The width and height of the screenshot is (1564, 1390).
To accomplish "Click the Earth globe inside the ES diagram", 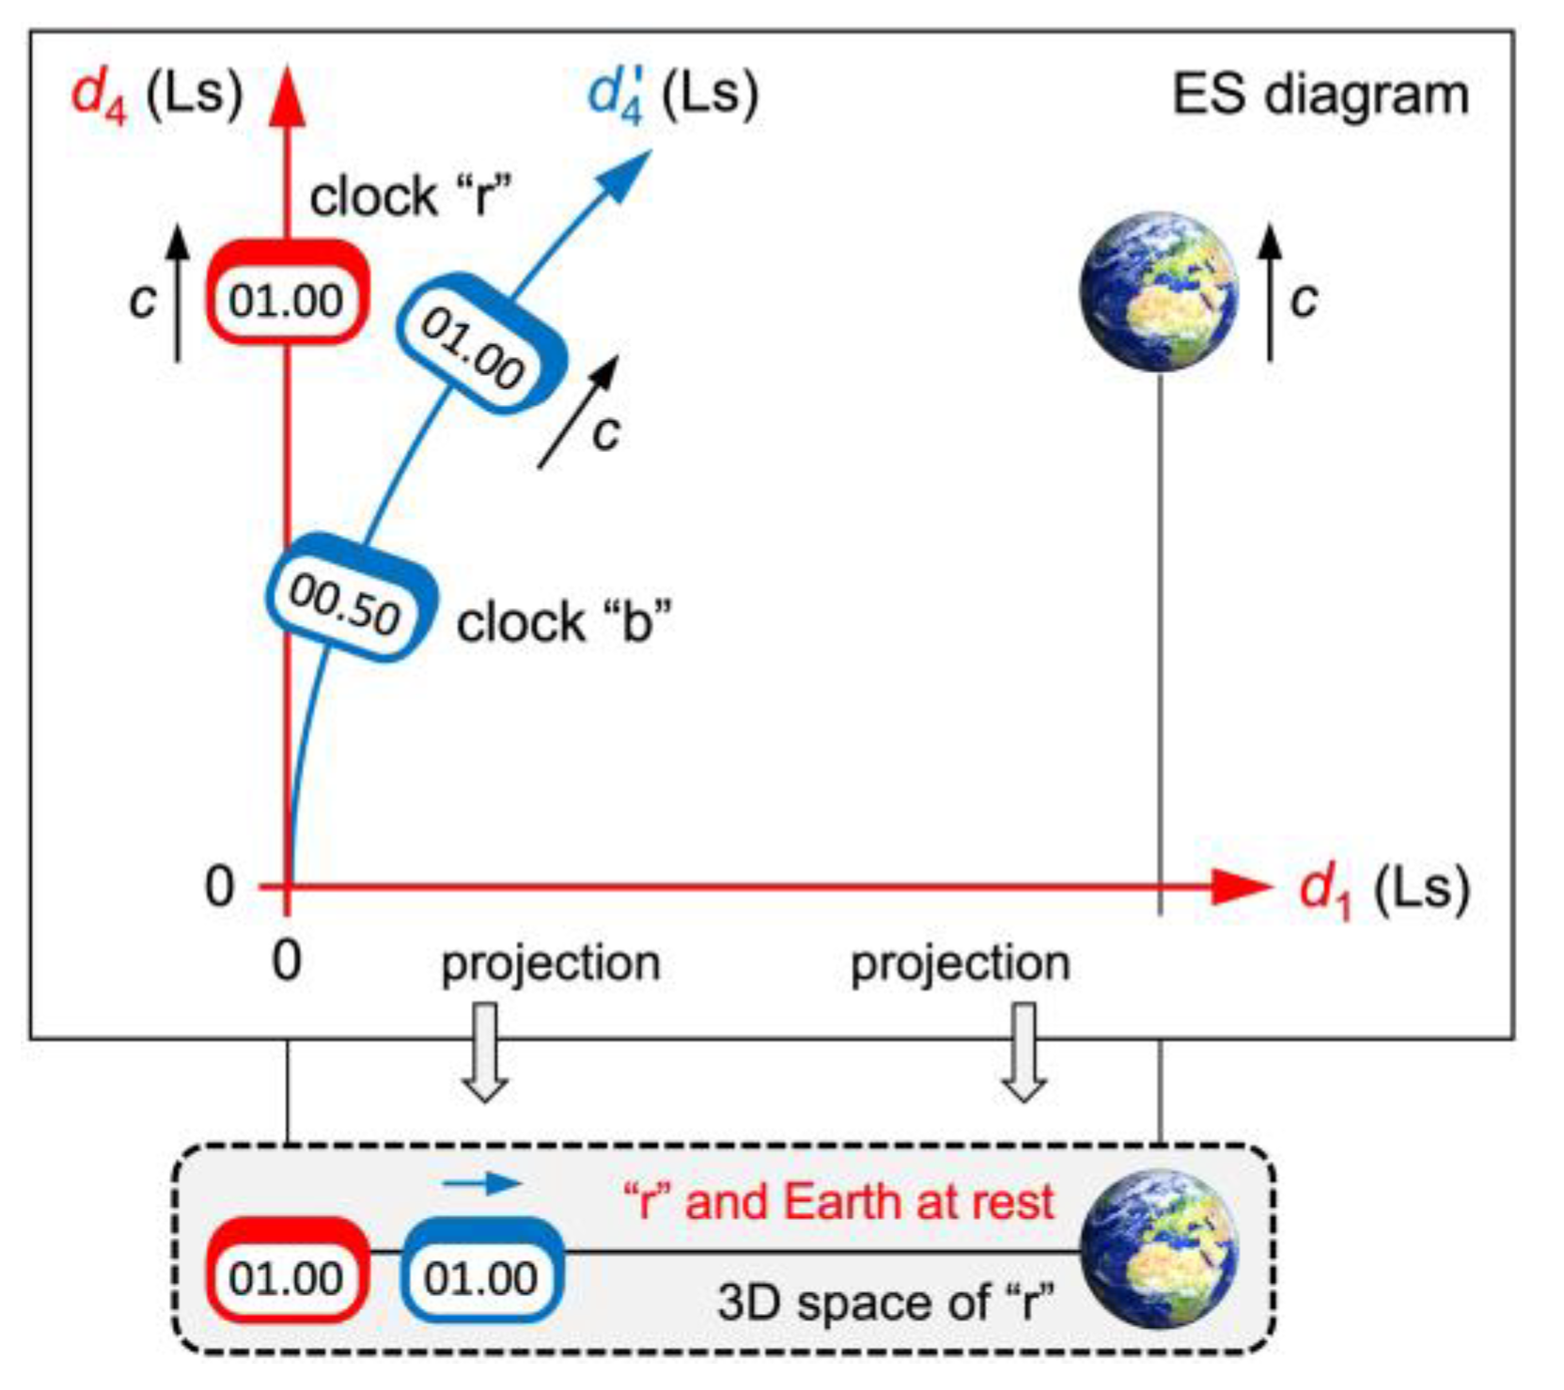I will (x=1158, y=290).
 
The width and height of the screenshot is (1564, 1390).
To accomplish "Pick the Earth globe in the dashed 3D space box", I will (x=1158, y=1249).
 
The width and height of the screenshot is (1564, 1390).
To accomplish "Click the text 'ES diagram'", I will (x=1320, y=95).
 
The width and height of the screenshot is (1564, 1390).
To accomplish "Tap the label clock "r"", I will (x=411, y=196).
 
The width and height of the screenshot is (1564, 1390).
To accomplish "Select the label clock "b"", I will (x=564, y=622).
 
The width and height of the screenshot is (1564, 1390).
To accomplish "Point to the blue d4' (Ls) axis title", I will (x=672, y=95).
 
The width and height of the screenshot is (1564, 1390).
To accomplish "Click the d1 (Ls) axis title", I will (x=1382, y=889).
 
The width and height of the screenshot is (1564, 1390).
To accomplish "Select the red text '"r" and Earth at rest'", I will (x=838, y=1202).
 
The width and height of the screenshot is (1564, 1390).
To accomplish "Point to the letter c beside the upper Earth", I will (x=1304, y=299).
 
